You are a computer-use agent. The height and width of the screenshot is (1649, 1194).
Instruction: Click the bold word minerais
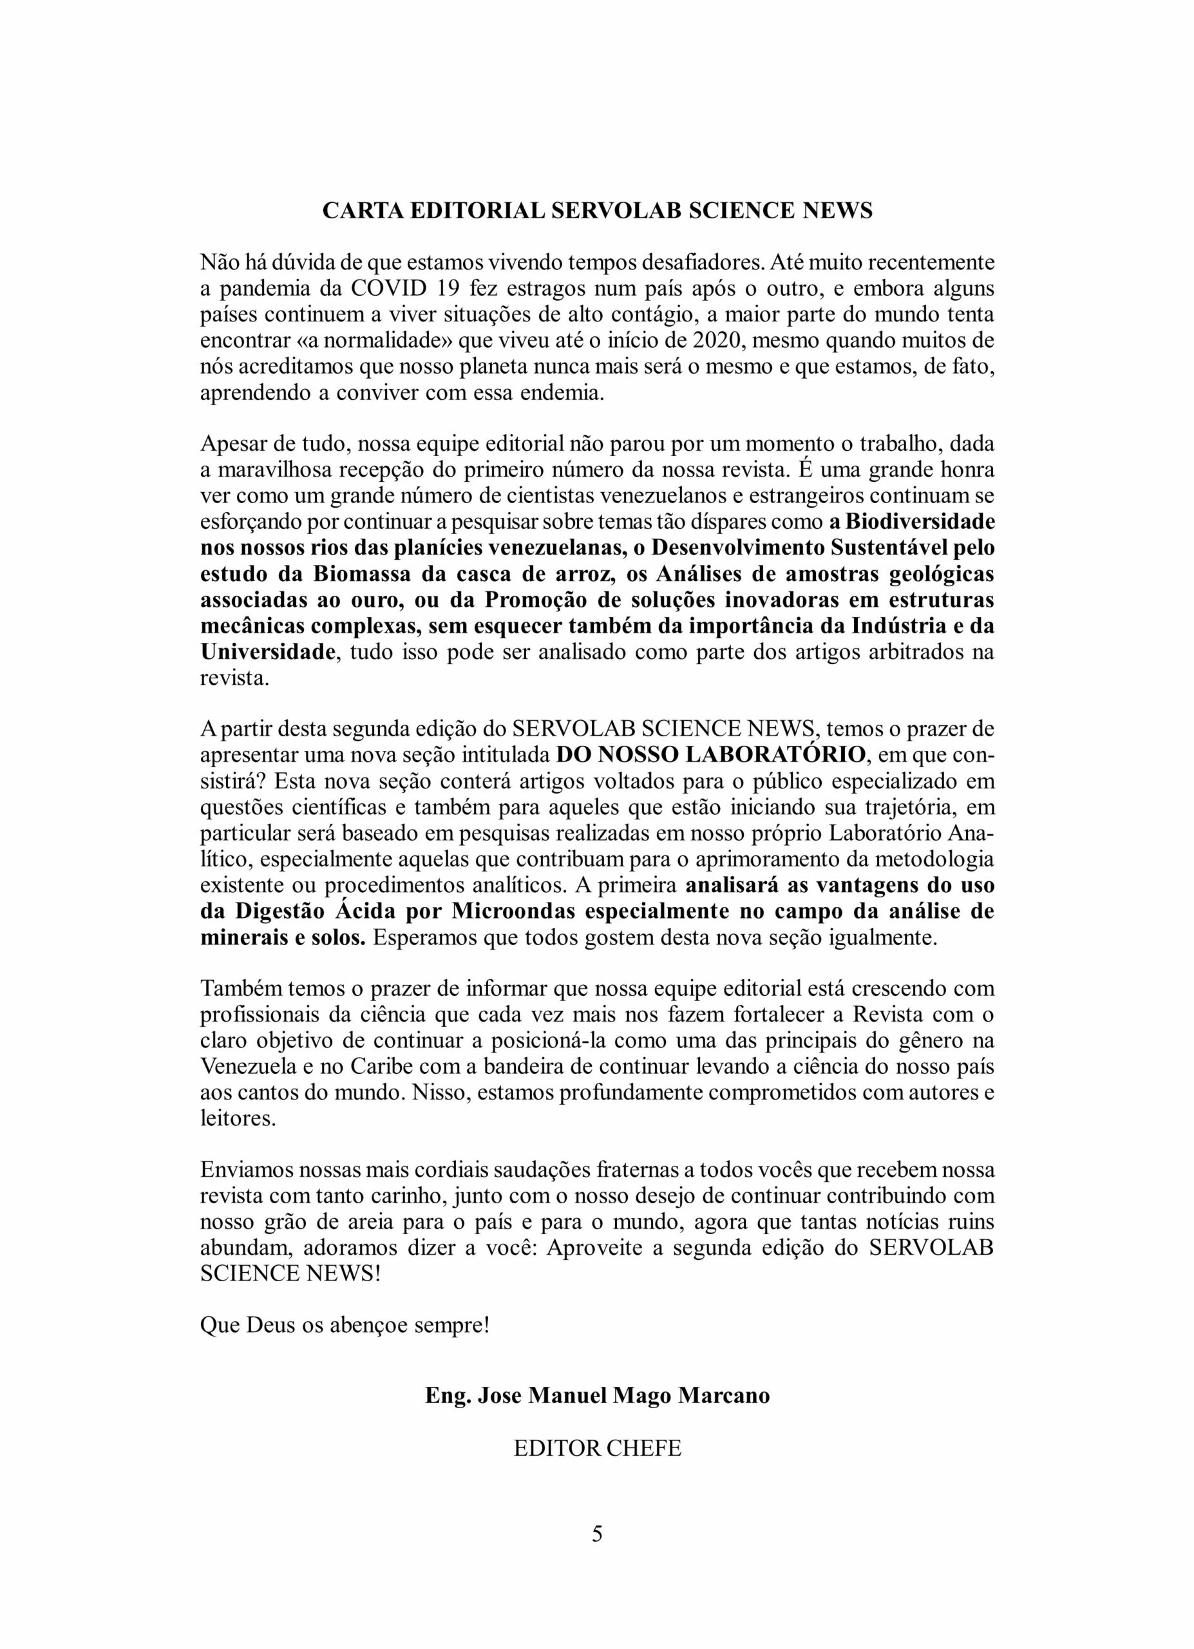click(x=242, y=937)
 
